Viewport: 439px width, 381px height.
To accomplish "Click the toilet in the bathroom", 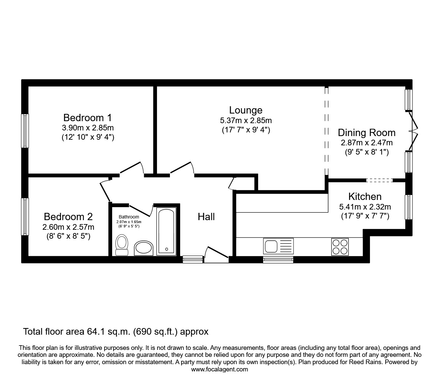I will [122, 245].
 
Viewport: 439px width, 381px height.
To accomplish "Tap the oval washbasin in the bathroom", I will [143, 248].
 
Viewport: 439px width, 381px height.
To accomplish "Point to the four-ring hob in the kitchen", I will [340, 247].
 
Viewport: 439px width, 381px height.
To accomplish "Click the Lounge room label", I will [246, 110].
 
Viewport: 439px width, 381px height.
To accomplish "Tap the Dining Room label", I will [366, 132].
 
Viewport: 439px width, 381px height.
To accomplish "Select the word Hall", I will [206, 217].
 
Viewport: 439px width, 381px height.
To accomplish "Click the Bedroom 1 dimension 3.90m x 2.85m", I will [88, 128].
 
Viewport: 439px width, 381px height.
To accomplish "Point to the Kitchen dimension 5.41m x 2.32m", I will [365, 207].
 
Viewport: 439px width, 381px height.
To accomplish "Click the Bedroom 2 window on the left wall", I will [25, 217].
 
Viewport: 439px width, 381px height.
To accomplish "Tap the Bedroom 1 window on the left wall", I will [25, 130].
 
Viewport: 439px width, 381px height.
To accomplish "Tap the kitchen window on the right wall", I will [409, 207].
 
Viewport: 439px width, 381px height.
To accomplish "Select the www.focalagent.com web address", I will [219, 369].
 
